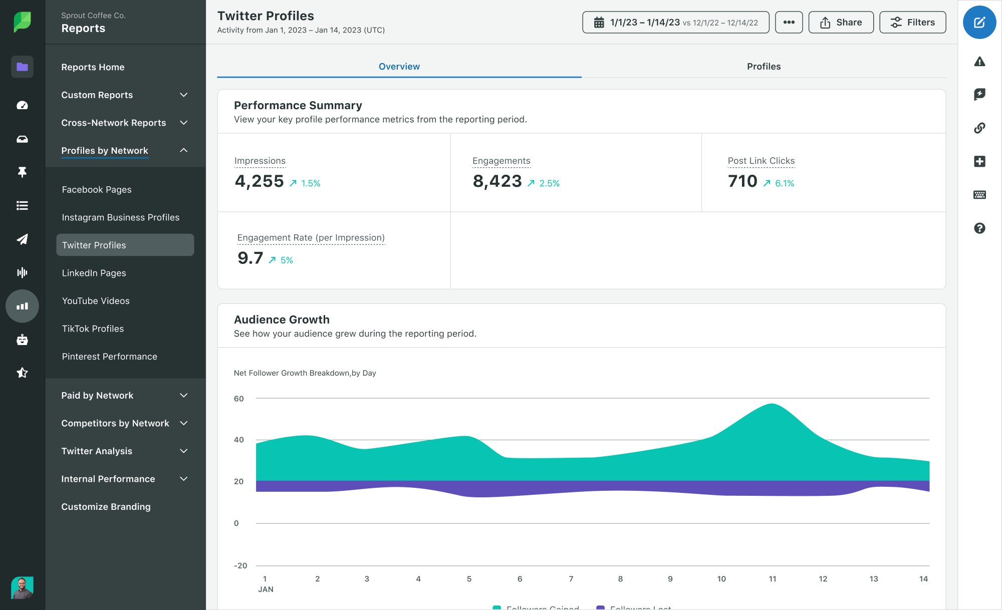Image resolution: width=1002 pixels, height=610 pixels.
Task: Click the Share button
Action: pyautogui.click(x=841, y=23)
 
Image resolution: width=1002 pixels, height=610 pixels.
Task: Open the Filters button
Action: pyautogui.click(x=912, y=23)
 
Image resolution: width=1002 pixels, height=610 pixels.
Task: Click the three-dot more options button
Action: pyautogui.click(x=789, y=23)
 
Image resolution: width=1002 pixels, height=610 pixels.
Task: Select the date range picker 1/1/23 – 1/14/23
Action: pyautogui.click(x=675, y=23)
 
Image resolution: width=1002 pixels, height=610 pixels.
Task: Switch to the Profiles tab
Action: pyautogui.click(x=764, y=67)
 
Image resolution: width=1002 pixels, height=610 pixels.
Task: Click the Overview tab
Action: pyautogui.click(x=399, y=67)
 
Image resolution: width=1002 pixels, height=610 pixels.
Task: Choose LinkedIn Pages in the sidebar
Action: pyautogui.click(x=94, y=273)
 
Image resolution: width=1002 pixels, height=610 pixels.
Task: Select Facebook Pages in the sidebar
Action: pyautogui.click(x=97, y=190)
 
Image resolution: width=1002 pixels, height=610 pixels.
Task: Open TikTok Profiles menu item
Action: pyautogui.click(x=93, y=329)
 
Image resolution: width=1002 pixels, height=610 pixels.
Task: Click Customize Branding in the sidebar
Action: pyautogui.click(x=106, y=507)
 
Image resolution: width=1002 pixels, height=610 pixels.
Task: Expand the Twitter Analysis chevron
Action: pyautogui.click(x=184, y=451)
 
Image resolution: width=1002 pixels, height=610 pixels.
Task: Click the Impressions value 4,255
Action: pyautogui.click(x=259, y=181)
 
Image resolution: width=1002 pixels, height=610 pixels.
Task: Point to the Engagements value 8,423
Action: pyautogui.click(x=497, y=181)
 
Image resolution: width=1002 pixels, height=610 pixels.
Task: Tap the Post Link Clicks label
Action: pyautogui.click(x=761, y=161)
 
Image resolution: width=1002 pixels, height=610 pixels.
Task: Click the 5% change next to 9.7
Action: pyautogui.click(x=286, y=260)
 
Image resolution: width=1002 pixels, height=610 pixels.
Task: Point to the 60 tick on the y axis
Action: pyautogui.click(x=239, y=399)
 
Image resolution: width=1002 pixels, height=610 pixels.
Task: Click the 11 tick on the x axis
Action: pyautogui.click(x=772, y=579)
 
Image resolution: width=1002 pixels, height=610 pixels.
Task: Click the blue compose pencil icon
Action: pyautogui.click(x=979, y=23)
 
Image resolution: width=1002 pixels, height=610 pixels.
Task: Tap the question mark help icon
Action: pyautogui.click(x=979, y=228)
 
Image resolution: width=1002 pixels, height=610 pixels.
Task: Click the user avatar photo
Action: pyautogui.click(x=22, y=587)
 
